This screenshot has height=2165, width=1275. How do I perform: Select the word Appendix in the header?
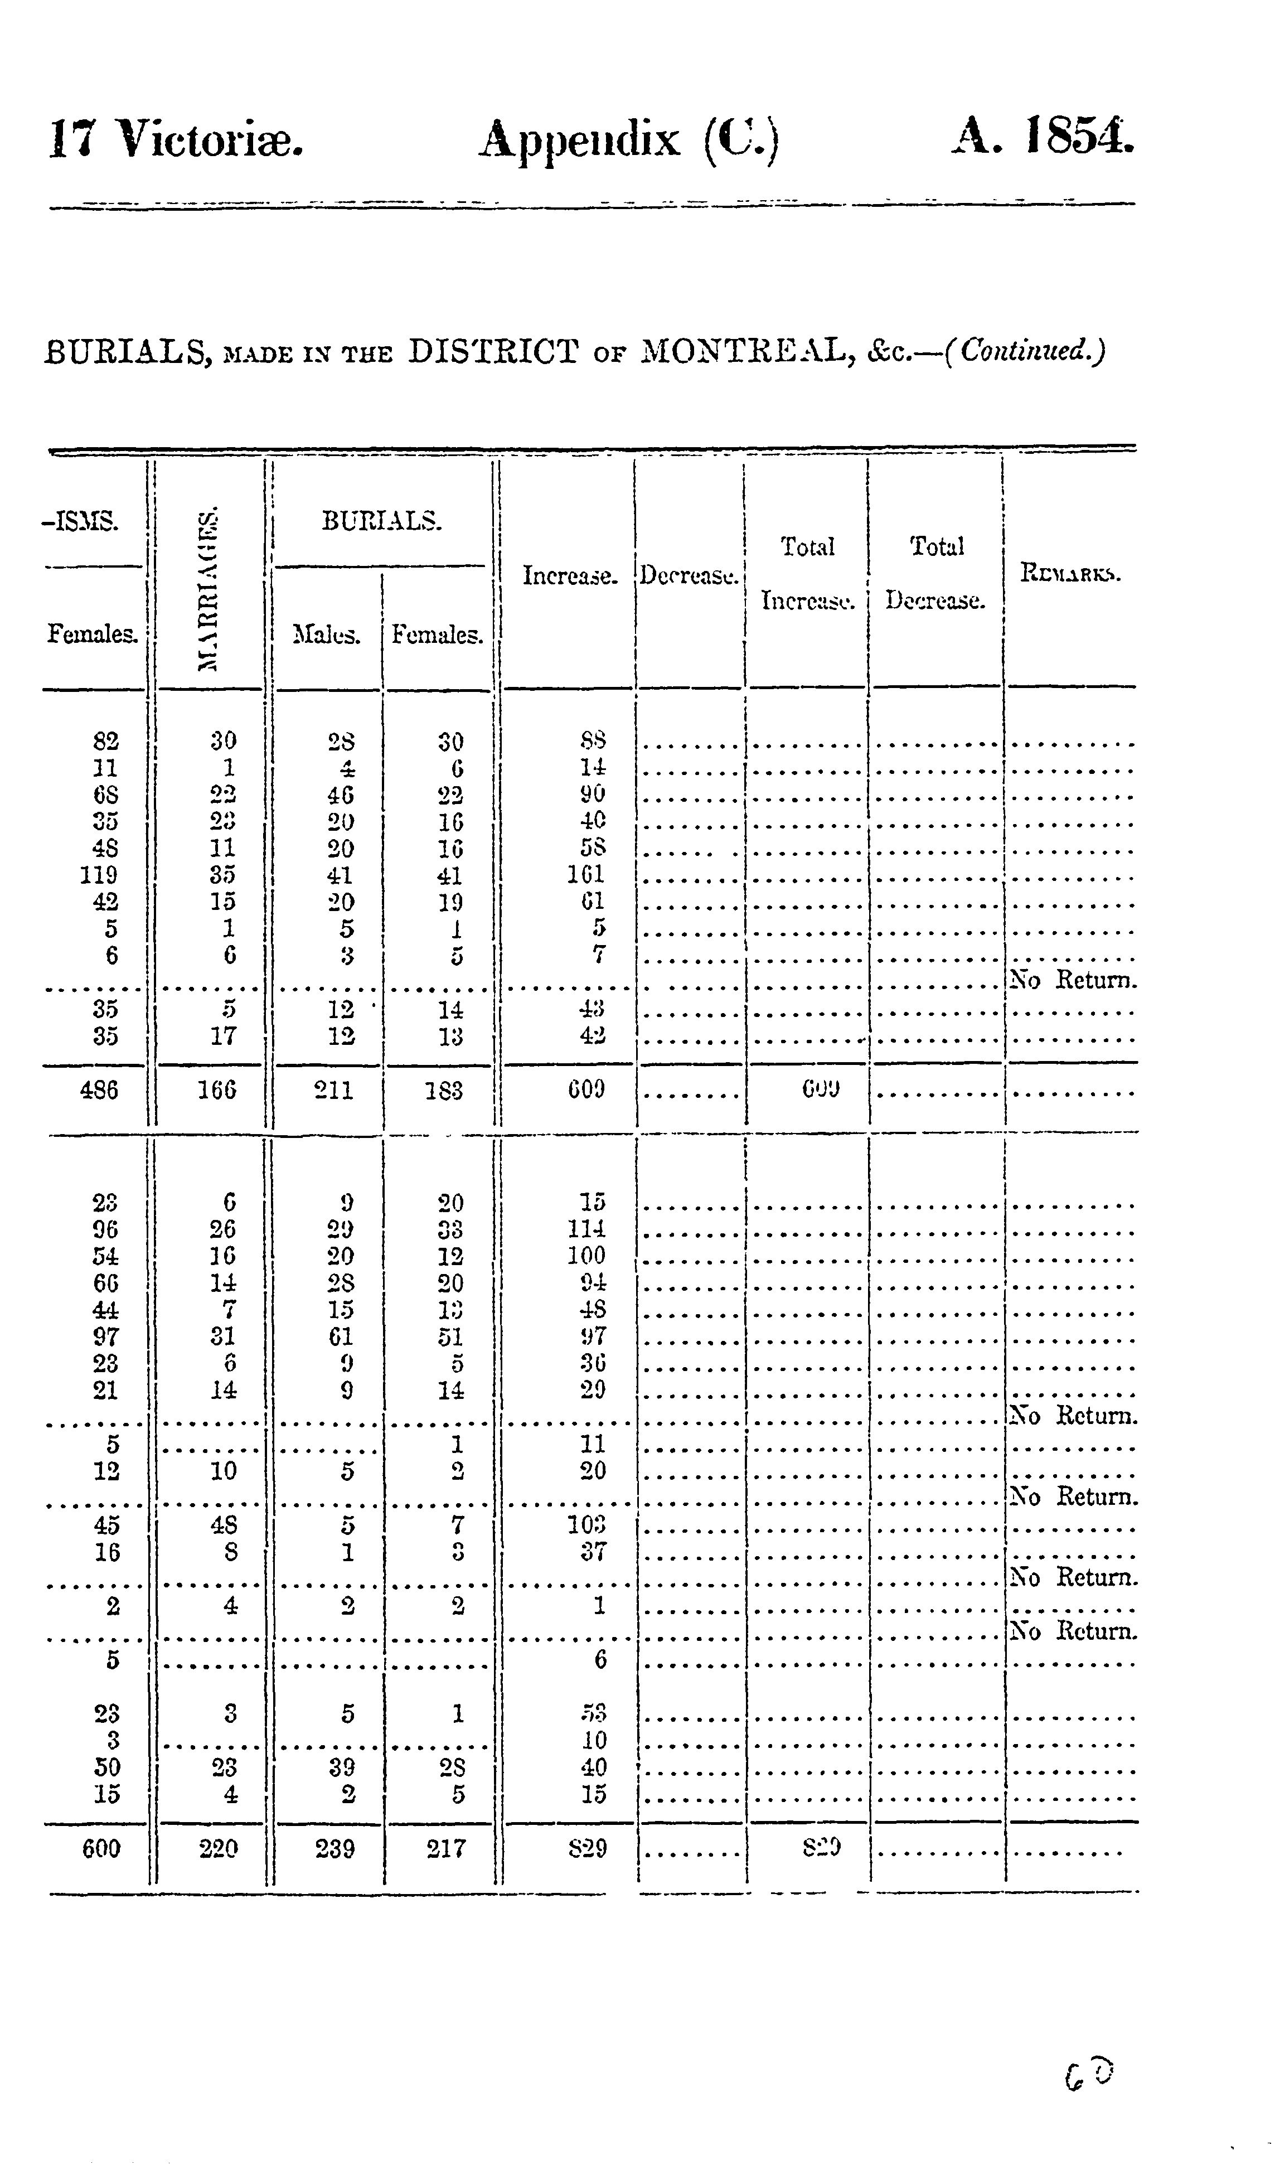(x=578, y=140)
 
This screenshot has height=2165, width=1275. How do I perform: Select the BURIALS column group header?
(x=381, y=521)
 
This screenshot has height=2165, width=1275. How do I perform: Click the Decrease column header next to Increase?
(x=689, y=575)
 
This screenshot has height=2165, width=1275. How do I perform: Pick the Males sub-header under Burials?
(x=327, y=635)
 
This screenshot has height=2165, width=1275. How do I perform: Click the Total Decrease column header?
(x=935, y=573)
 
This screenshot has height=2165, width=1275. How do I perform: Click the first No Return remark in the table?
(x=1073, y=980)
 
